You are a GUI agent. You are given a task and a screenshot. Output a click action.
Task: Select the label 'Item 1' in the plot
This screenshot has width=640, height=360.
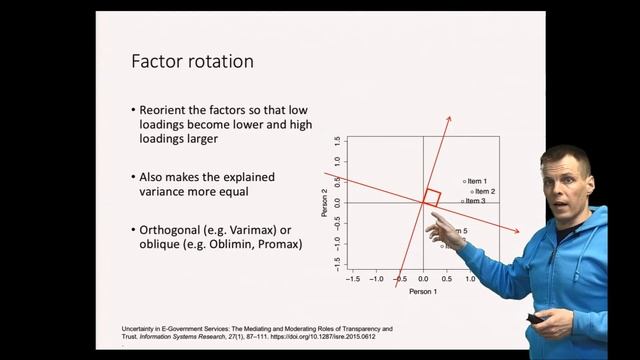[476, 181]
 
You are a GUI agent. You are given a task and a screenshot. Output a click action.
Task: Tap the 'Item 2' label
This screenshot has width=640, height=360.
[485, 191]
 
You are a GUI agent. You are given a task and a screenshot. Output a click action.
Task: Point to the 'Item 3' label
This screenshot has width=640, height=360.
[475, 201]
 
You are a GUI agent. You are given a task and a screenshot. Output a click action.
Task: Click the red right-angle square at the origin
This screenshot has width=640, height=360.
[430, 197]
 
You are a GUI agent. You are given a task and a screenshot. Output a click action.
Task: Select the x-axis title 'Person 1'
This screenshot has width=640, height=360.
[423, 291]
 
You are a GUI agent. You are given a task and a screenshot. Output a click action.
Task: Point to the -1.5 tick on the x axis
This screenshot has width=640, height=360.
[353, 280]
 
